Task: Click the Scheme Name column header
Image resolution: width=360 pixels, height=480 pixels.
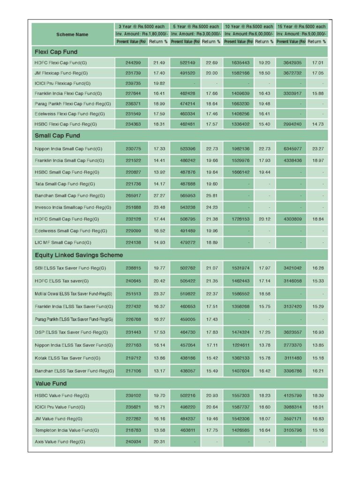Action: pyautogui.click(x=72, y=34)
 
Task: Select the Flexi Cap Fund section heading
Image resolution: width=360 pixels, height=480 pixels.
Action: pyautogui.click(x=56, y=52)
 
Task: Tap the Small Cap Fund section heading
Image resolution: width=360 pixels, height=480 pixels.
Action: pyautogui.click(x=57, y=135)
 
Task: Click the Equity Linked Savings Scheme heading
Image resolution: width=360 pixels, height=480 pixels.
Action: pyautogui.click(x=79, y=255)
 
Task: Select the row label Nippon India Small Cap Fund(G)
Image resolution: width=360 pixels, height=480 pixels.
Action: pyautogui.click(x=68, y=149)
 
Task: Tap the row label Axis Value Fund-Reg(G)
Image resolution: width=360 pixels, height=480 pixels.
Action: pyautogui.click(x=58, y=442)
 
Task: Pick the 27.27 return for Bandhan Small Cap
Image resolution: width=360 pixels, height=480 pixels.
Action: pyautogui.click(x=159, y=195)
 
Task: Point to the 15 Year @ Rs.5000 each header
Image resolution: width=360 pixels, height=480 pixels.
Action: pyautogui.click(x=301, y=27)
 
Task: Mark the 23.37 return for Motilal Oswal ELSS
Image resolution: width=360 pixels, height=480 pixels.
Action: pyautogui.click(x=159, y=294)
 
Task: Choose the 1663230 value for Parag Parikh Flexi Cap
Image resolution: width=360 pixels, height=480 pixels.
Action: pyautogui.click(x=240, y=104)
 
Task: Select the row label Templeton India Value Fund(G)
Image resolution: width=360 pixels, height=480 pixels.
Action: pyautogui.click(x=67, y=430)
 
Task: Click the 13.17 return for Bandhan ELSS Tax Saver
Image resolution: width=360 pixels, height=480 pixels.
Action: pyautogui.click(x=159, y=371)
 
